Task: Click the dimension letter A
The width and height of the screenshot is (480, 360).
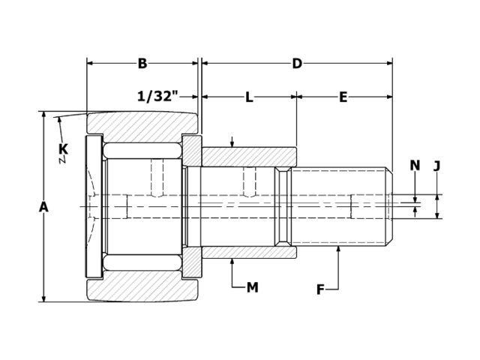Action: point(43,207)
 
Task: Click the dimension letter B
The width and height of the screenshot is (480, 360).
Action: point(142,64)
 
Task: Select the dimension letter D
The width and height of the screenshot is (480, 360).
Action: point(297,64)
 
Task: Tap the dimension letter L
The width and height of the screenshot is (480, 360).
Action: point(249,97)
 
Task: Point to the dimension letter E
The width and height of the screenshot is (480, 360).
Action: point(343,97)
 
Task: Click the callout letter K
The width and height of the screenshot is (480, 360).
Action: point(63,149)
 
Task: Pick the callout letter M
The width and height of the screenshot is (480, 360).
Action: point(252,287)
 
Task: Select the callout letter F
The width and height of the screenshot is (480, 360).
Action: point(320,289)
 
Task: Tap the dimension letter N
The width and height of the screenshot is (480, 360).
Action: point(415,166)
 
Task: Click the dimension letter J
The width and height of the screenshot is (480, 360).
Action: point(437,166)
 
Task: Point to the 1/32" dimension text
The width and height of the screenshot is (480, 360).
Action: point(157,97)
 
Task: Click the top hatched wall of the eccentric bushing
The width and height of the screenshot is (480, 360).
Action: point(247,157)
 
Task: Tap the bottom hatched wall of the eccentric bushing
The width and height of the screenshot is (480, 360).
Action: point(247,252)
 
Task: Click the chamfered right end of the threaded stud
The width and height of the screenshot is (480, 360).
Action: point(388,206)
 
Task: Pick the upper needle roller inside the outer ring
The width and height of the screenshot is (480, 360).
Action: point(142,151)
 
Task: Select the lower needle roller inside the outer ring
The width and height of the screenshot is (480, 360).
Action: point(142,262)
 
